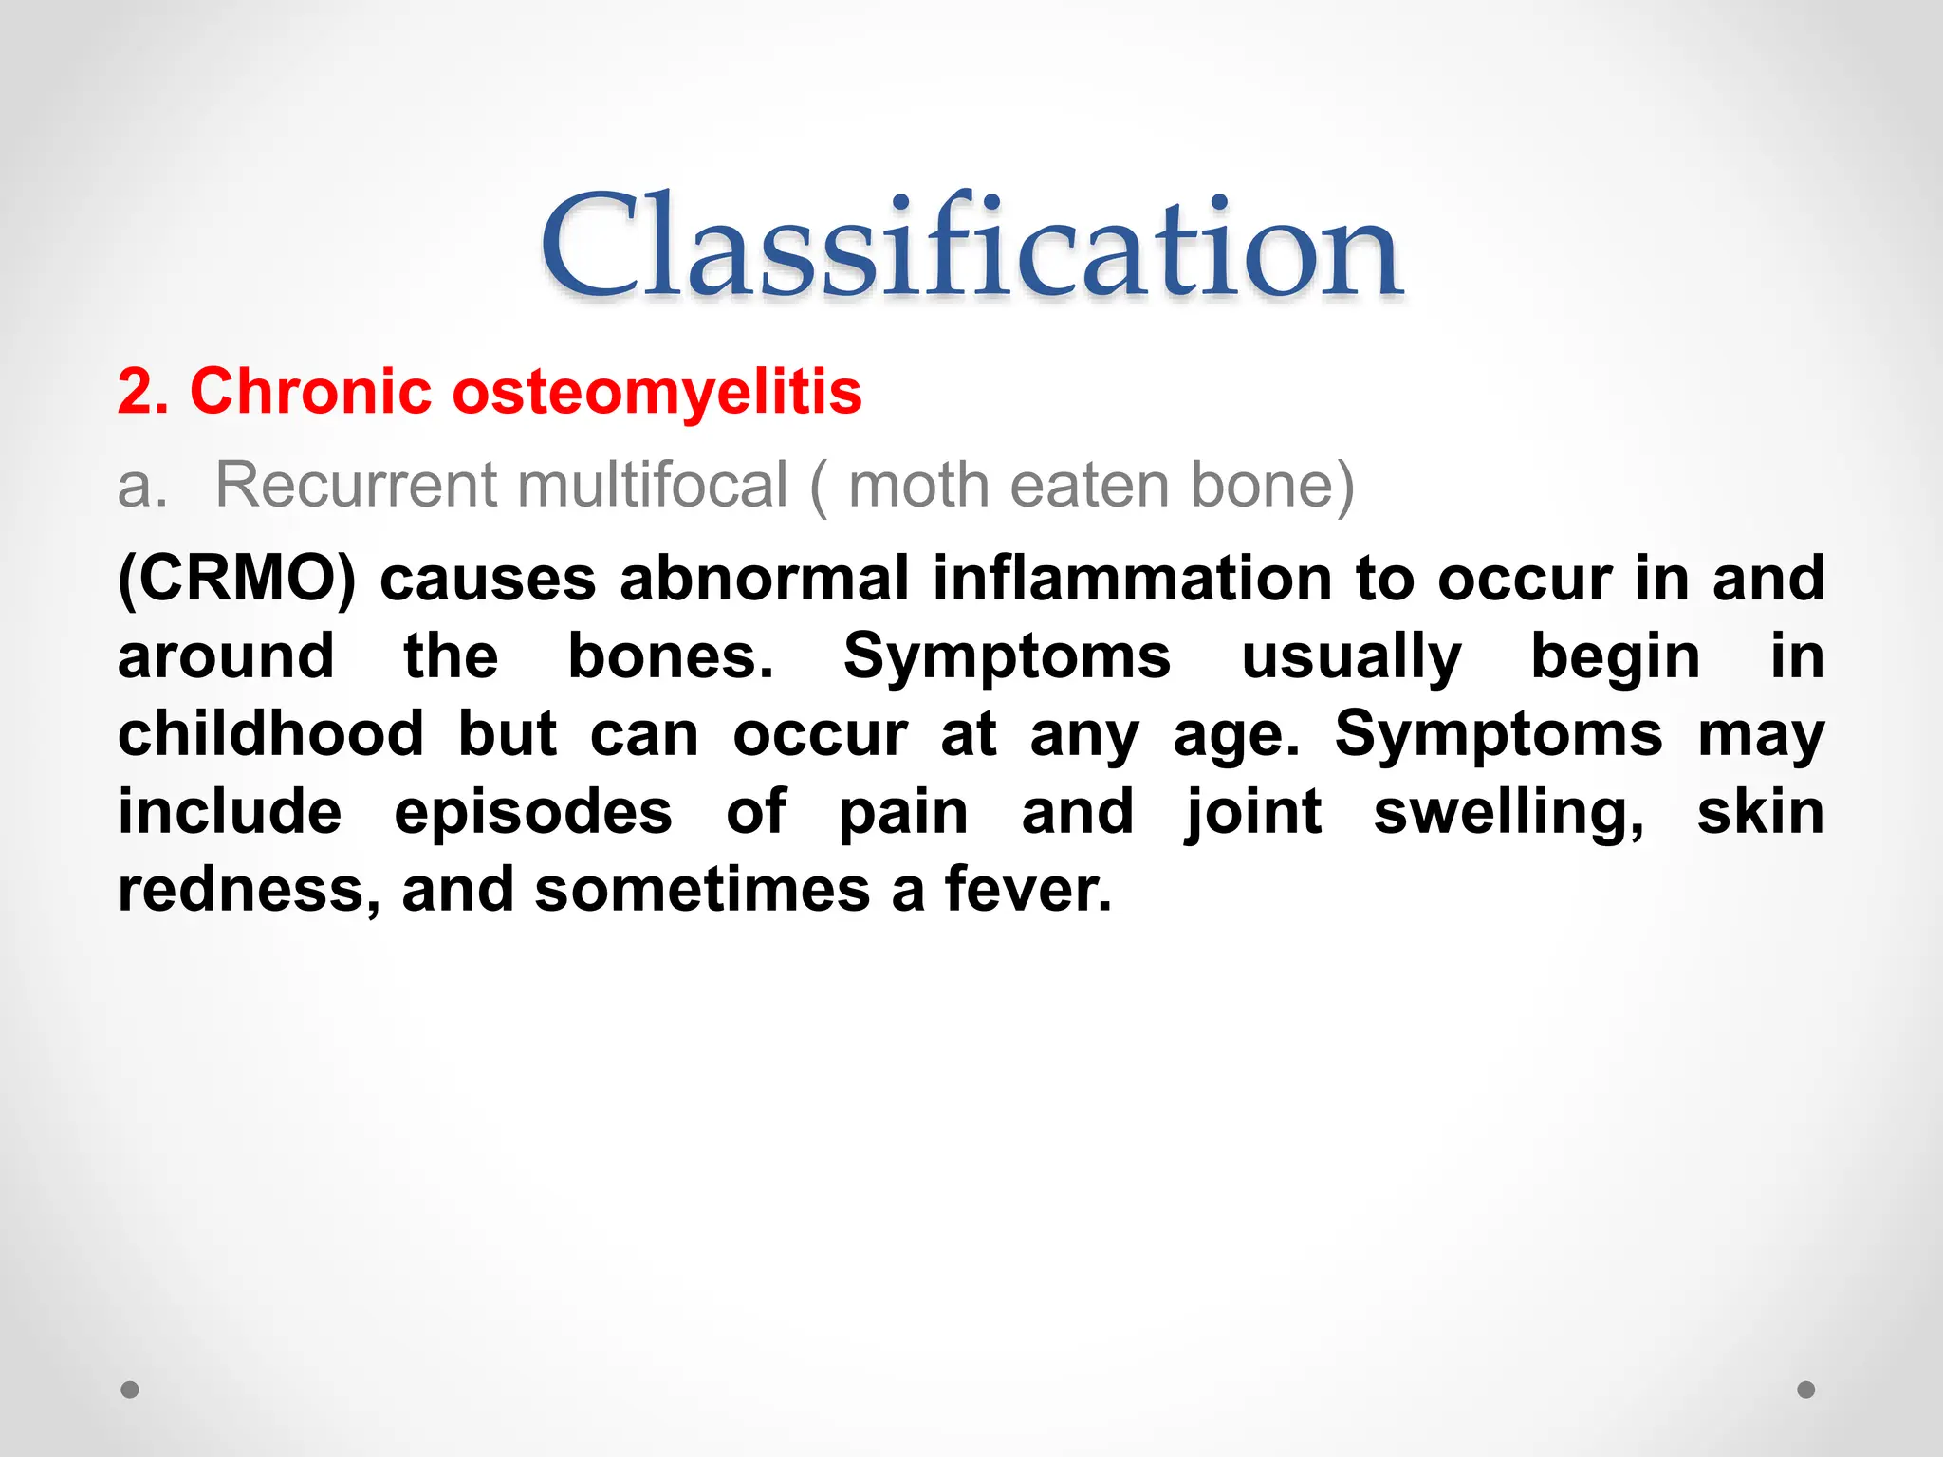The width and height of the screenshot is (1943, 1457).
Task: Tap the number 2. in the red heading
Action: coord(143,392)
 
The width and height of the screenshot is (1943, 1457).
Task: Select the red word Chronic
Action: coord(310,391)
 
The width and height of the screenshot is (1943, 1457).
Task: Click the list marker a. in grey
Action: coord(141,486)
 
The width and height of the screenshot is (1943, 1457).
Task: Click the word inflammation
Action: coord(1133,579)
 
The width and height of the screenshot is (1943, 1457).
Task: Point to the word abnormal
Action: coord(765,579)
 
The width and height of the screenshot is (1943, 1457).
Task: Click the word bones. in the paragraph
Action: coord(671,656)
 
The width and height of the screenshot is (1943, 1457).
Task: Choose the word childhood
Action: coord(270,734)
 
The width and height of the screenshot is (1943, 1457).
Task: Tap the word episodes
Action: coord(533,813)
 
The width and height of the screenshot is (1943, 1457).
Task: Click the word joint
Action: coord(1253,813)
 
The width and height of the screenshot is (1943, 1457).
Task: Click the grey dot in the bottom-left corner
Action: coord(130,1390)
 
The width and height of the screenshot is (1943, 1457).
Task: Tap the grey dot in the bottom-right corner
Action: coord(1806,1390)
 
